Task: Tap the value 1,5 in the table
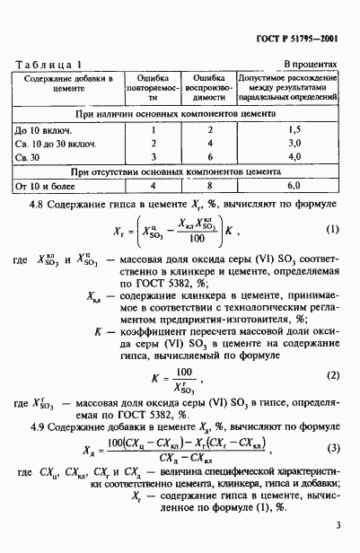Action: (x=287, y=130)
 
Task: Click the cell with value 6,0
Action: (x=287, y=187)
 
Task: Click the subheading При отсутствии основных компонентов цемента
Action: (x=180, y=171)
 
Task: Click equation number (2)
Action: (x=332, y=350)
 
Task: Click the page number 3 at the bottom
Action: (x=338, y=526)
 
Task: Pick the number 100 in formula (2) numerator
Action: (x=186, y=343)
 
